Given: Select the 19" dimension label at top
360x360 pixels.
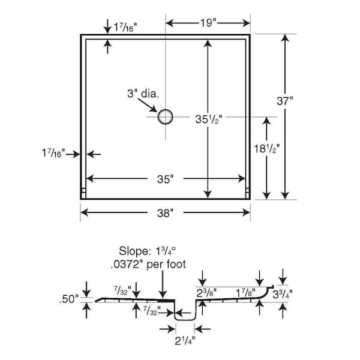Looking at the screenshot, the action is pyautogui.click(x=208, y=23).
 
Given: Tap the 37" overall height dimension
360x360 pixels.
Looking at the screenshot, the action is pyautogui.click(x=284, y=101).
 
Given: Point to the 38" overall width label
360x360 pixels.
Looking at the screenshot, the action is pyautogui.click(x=165, y=213).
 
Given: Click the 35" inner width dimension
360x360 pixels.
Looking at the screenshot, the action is pyautogui.click(x=165, y=179).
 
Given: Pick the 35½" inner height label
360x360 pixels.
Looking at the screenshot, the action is pyautogui.click(x=208, y=119).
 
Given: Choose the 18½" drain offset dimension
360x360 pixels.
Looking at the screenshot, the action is pyautogui.click(x=266, y=149).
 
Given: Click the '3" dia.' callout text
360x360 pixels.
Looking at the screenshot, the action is pyautogui.click(x=143, y=94).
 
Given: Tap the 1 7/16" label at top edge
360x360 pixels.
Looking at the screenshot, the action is pyautogui.click(x=125, y=28).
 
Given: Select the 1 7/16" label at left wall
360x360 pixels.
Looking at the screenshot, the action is pyautogui.click(x=53, y=153).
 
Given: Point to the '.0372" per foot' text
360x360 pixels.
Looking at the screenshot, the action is pyautogui.click(x=148, y=264).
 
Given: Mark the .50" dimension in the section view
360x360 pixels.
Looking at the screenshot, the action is pyautogui.click(x=69, y=299).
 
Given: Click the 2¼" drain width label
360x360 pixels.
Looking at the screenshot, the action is pyautogui.click(x=185, y=341).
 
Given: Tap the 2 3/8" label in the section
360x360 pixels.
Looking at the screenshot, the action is pyautogui.click(x=206, y=293).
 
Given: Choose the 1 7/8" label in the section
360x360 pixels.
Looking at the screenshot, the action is pyautogui.click(x=245, y=293).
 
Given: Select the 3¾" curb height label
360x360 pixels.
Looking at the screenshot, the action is pyautogui.click(x=283, y=294).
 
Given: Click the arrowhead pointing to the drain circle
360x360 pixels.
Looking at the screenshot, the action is pyautogui.click(x=154, y=109).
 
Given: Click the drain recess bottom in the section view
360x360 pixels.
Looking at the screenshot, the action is pyautogui.click(x=185, y=320).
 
